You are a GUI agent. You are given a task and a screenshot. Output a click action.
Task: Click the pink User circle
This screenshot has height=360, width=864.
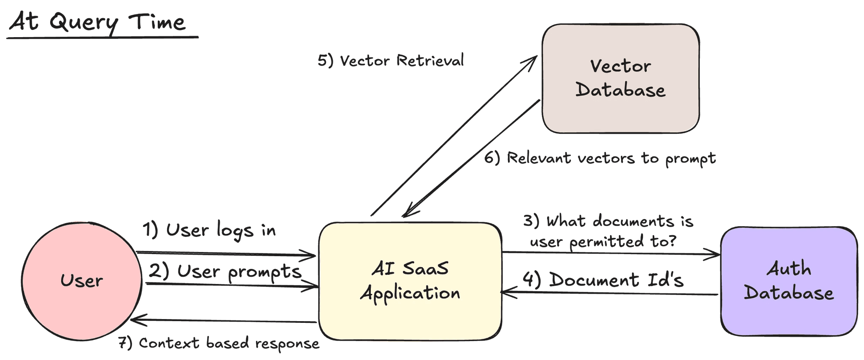[81, 281]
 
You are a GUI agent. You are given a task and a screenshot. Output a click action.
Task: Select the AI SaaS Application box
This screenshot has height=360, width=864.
[410, 281]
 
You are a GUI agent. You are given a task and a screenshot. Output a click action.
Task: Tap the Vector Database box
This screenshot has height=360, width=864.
[620, 78]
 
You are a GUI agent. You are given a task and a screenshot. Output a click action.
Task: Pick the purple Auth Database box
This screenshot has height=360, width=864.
[788, 281]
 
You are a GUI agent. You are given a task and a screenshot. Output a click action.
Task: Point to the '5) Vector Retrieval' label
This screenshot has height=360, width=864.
[391, 61]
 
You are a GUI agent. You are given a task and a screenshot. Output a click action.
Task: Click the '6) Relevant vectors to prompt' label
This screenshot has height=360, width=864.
[599, 159]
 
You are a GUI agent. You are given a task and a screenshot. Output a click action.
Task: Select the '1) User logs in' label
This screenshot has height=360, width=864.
[209, 230]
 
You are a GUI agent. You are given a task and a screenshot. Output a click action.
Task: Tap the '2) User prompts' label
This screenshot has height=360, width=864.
[225, 271]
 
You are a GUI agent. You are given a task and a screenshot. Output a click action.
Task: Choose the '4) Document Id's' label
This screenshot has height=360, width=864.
[603, 280]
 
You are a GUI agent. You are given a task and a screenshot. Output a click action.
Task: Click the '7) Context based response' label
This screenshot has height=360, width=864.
[219, 343]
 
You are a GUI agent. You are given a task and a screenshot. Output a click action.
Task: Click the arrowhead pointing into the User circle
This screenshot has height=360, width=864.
[134, 320]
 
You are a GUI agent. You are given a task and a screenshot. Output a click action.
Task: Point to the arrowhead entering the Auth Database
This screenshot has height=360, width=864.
[715, 254]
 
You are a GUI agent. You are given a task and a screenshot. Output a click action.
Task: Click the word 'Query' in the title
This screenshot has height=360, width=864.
[84, 23]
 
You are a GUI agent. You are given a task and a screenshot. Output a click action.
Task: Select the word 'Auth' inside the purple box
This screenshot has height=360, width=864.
[788, 268]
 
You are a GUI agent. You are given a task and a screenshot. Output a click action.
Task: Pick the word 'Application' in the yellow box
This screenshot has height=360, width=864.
[410, 293]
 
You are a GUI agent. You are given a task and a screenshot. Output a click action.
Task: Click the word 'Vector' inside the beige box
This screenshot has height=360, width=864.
[620, 66]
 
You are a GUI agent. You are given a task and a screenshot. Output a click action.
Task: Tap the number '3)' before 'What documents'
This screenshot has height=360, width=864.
[531, 221]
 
